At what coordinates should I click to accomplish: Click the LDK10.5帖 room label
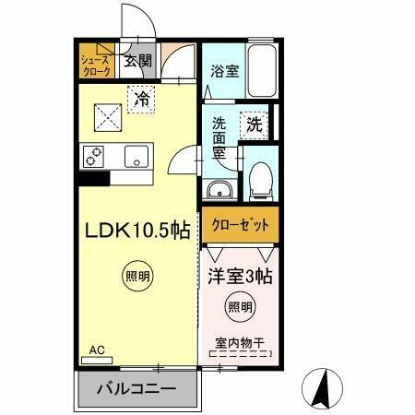click(x=137, y=231)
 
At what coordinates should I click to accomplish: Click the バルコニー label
click(x=137, y=389)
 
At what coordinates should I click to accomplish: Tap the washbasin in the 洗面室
click(x=219, y=191)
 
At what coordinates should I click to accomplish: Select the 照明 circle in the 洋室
click(x=239, y=308)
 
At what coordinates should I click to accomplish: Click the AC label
click(x=96, y=350)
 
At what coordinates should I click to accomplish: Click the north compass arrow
click(x=324, y=386)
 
